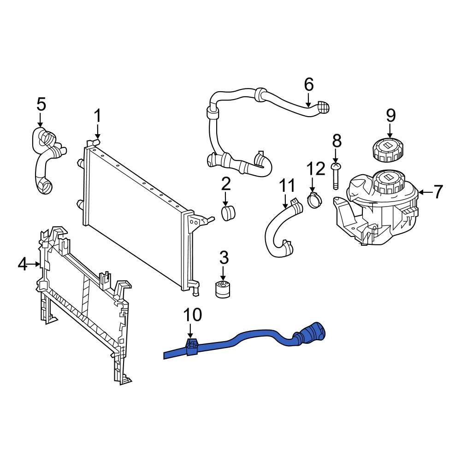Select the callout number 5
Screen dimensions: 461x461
(x=41, y=104)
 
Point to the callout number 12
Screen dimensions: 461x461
(x=316, y=169)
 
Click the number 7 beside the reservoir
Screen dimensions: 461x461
(x=437, y=191)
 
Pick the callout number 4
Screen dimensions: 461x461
(x=23, y=265)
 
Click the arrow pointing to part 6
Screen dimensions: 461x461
(x=308, y=99)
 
